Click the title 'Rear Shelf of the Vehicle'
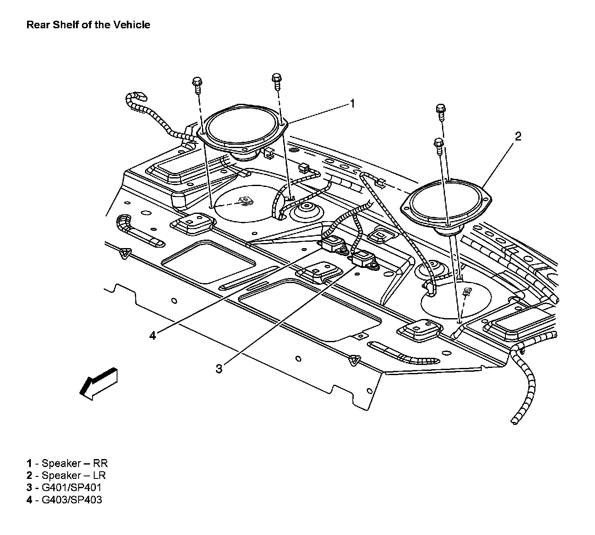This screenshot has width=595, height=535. (88, 24)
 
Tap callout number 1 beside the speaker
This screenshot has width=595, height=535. (352, 103)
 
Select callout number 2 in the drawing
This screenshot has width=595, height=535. (518, 136)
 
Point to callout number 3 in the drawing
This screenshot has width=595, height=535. (219, 369)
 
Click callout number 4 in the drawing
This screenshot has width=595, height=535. (153, 335)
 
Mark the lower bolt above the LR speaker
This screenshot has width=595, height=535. (438, 146)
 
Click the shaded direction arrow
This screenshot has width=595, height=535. (99, 383)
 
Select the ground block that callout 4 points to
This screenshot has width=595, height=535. (333, 244)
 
